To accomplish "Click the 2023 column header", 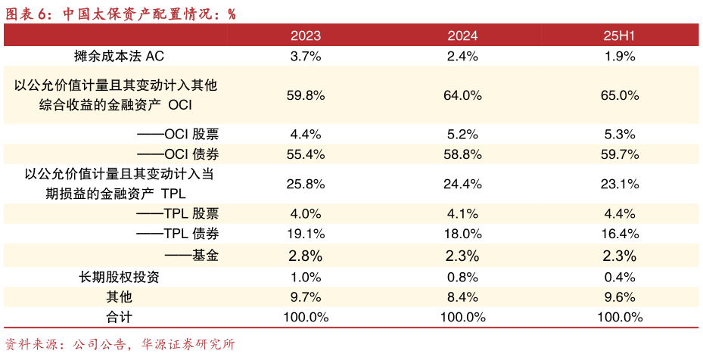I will [x=306, y=36].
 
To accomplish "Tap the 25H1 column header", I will [x=619, y=36].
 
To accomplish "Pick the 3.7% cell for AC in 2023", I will [x=306, y=55].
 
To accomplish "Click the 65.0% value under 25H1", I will [x=619, y=95].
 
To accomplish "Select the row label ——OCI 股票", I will [x=178, y=135].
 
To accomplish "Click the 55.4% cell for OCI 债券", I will [x=306, y=154].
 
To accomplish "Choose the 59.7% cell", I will [x=619, y=154].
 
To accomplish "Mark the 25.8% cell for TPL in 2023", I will [x=306, y=184].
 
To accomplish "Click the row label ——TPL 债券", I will [x=178, y=234].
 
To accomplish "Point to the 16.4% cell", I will [x=619, y=234].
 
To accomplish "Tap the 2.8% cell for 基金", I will [x=306, y=255].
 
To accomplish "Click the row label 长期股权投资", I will [x=120, y=277].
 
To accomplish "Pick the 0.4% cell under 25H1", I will [x=619, y=277].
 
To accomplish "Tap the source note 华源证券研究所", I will [x=188, y=345].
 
